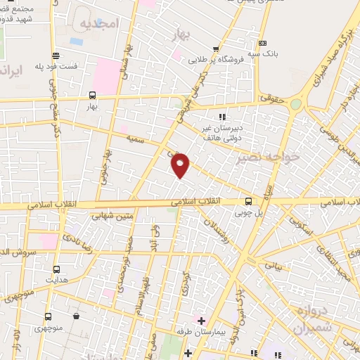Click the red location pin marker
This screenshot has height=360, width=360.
181,164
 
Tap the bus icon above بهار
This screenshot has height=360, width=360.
93,95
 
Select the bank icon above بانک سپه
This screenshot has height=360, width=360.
263,43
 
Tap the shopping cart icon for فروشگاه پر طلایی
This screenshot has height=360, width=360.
216,49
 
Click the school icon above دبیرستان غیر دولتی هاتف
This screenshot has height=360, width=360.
223,117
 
